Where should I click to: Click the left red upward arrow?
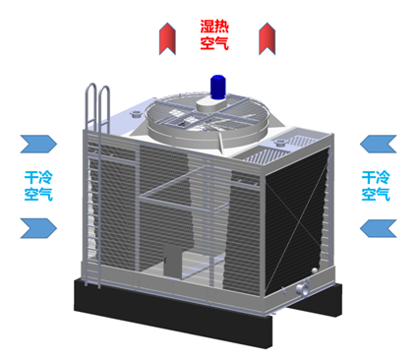click(x=167, y=39)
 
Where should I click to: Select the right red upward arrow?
click(x=266, y=39)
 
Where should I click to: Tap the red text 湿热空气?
click(x=215, y=34)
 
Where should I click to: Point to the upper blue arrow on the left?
click(x=40, y=146)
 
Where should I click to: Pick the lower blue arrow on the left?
click(x=40, y=229)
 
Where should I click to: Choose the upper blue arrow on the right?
click(x=376, y=146)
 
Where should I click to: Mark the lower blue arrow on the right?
click(x=376, y=229)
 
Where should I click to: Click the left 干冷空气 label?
click(x=38, y=187)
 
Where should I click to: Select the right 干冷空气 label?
click(x=376, y=187)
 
